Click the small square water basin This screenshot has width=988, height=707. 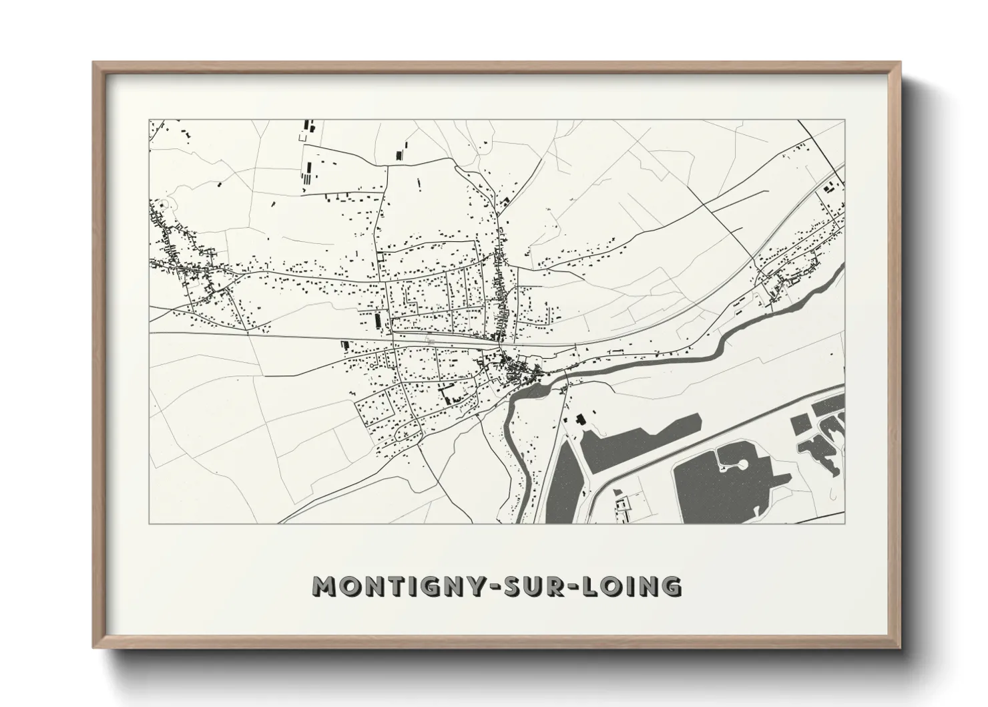[x=799, y=423]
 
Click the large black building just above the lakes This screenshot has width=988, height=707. [x=579, y=420]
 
